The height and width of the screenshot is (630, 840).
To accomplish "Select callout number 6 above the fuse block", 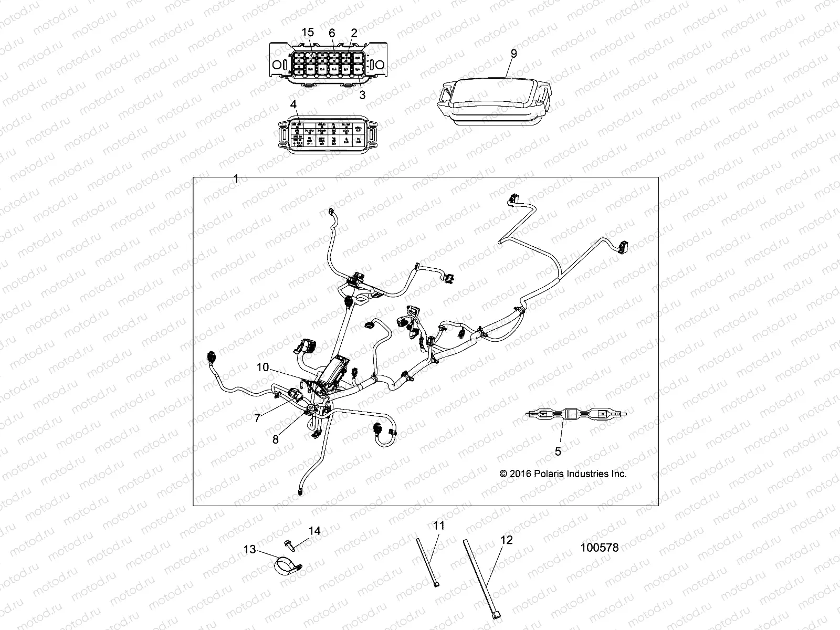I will [x=332, y=33].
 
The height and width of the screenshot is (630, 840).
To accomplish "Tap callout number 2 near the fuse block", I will [x=354, y=33].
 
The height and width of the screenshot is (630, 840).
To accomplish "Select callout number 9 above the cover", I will [x=513, y=53].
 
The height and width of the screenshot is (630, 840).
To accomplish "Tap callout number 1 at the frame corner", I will [x=236, y=179].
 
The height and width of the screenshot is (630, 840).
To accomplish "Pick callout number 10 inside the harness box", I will [x=262, y=367].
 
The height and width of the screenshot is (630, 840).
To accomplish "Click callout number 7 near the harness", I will [x=257, y=418].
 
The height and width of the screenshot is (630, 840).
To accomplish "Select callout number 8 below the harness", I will [x=276, y=440].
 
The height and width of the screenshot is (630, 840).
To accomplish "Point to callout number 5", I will [x=558, y=451].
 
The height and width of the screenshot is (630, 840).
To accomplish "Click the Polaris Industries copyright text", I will [x=563, y=474].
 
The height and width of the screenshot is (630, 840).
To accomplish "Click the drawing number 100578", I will [x=600, y=548].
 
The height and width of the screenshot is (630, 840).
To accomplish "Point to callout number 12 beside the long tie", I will [x=507, y=540].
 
